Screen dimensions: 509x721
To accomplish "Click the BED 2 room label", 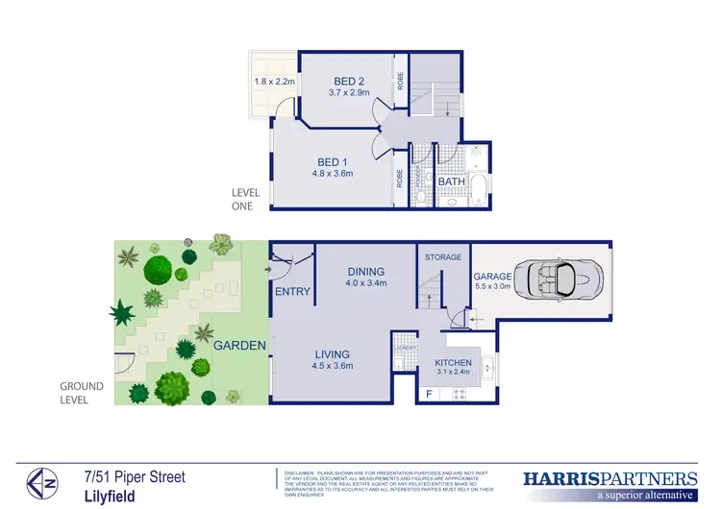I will pyautogui.click(x=348, y=81).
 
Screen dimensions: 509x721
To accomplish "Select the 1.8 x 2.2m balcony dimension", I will pyautogui.click(x=274, y=82).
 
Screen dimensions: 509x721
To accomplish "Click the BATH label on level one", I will pyautogui.click(x=452, y=182).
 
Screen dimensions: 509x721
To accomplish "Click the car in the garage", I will pyautogui.click(x=558, y=280).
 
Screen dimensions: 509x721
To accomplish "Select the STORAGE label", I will pyautogui.click(x=443, y=257).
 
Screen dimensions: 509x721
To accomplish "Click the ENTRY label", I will pyautogui.click(x=292, y=291).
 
